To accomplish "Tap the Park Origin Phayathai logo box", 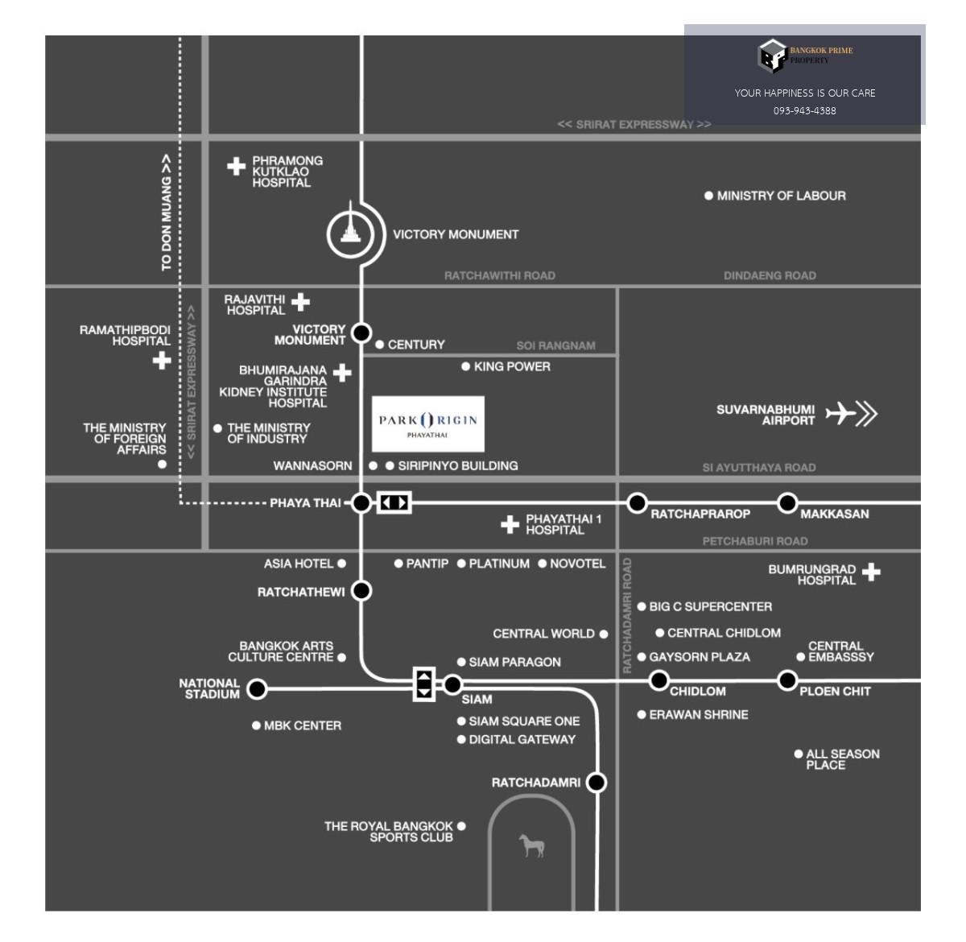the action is click(x=428, y=423).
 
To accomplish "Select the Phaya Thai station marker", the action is click(x=361, y=502).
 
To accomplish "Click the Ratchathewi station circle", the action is click(x=361, y=591).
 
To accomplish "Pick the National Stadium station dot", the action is click(x=257, y=688).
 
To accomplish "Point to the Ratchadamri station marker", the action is click(x=597, y=782).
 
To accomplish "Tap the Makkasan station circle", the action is click(x=787, y=502).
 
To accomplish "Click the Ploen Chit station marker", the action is click(x=787, y=680).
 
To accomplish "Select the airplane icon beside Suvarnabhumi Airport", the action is click(x=840, y=413).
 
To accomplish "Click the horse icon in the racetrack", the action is click(x=531, y=845).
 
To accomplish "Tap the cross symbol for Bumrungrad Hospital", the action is click(x=871, y=572).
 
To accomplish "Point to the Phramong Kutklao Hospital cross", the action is click(x=237, y=167).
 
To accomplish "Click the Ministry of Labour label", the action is click(x=782, y=196).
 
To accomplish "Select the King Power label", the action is click(x=512, y=366).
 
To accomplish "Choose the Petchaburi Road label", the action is click(x=755, y=541).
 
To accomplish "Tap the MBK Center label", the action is click(x=303, y=725).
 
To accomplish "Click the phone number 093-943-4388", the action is click(x=804, y=110).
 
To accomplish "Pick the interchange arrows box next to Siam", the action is click(x=424, y=684).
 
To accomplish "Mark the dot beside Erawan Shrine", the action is click(x=642, y=715).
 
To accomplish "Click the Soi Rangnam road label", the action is click(x=555, y=345).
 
